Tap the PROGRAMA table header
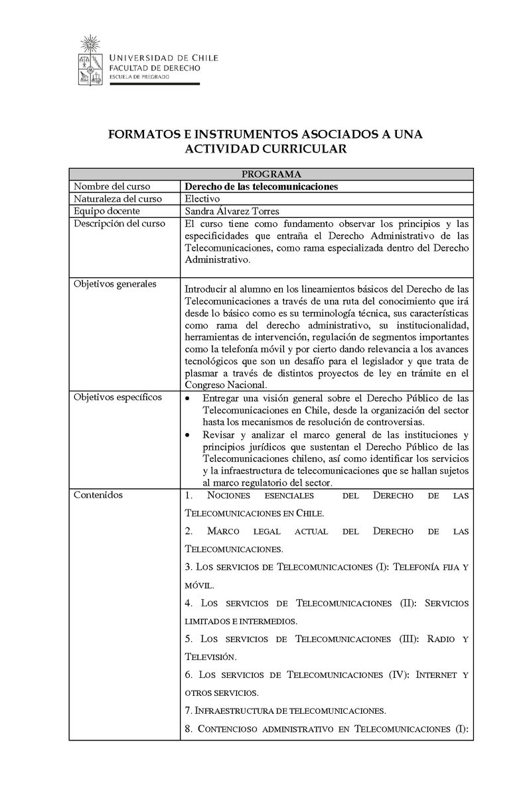(271, 174)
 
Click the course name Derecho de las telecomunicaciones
(261, 186)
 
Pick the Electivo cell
(202, 198)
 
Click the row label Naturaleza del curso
(117, 198)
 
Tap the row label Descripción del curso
(119, 224)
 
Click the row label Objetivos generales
(115, 284)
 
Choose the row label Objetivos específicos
(117, 397)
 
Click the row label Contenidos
(98, 494)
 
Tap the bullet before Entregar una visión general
(189, 398)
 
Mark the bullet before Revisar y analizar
(189, 435)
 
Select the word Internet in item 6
(435, 675)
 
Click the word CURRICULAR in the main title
(301, 149)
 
